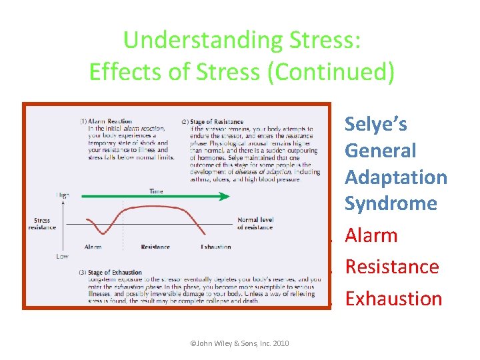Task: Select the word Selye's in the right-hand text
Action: pos(375,124)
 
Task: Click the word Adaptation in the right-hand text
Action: pos(395,177)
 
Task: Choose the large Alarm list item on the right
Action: pos(371,235)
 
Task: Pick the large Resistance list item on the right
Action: pos(391,267)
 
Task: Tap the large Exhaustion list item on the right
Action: pos(393,299)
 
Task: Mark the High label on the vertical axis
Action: pos(63,195)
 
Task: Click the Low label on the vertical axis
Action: pos(62,256)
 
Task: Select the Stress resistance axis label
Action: pos(41,224)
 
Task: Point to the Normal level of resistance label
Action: pos(255,223)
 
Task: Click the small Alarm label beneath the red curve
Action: pos(93,247)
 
